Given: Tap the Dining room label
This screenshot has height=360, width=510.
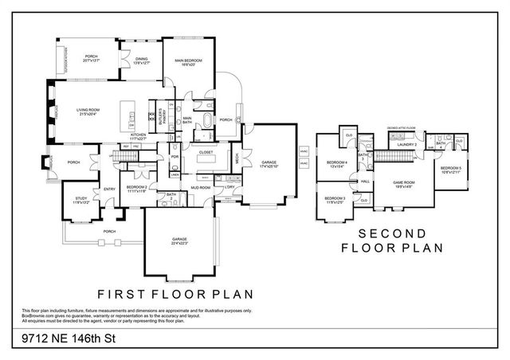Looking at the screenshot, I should [x=141, y=60].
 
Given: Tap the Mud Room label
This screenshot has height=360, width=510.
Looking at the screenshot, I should [x=200, y=188].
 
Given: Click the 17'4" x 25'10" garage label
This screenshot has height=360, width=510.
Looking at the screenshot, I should [x=269, y=165].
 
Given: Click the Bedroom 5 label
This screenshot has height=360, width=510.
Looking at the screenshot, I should [x=450, y=170].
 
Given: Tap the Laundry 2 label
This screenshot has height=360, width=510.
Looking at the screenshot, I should [x=409, y=144].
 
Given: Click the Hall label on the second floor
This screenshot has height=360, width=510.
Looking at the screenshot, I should [x=365, y=182].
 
